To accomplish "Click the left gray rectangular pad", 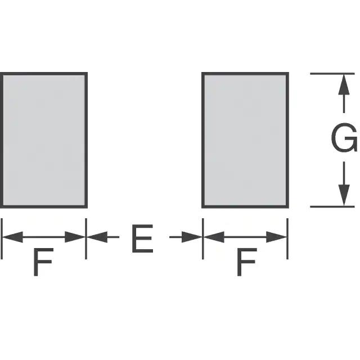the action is [43, 139].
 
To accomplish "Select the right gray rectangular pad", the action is [245, 139].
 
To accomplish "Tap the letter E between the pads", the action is [142, 240].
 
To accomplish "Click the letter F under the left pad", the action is [43, 262].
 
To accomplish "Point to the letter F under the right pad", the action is [246, 262].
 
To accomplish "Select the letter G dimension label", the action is [344, 139].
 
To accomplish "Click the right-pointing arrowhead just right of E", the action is [192, 237].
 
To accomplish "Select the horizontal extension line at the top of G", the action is [332, 73].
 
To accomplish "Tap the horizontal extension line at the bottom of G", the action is [332, 206].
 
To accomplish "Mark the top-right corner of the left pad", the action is [86, 73].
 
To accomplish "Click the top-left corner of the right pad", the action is [203, 73].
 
